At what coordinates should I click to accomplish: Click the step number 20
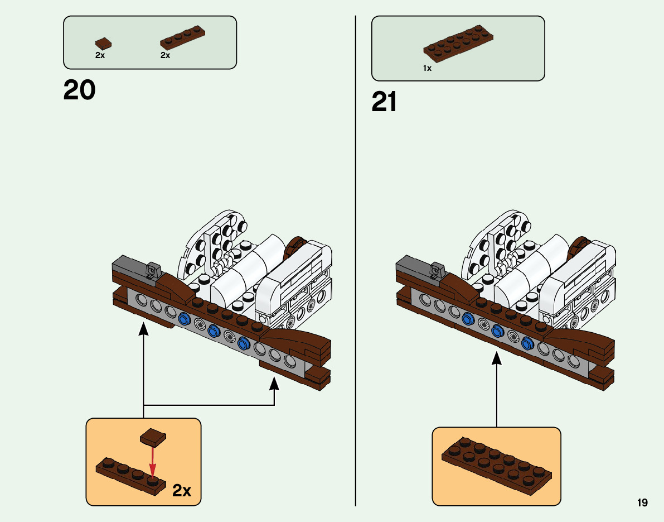point(80,90)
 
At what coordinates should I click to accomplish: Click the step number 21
point(384,102)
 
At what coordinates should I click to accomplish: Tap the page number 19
point(642,503)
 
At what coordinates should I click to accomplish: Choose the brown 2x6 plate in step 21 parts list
point(458,42)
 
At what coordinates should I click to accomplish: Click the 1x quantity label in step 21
point(427,68)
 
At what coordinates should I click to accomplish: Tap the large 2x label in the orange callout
point(182,491)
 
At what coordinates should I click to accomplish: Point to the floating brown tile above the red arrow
point(154,437)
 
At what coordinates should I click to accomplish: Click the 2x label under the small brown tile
point(100,55)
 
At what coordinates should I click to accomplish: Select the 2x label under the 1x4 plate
point(165,55)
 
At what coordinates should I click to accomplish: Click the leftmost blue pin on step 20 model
point(185,320)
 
